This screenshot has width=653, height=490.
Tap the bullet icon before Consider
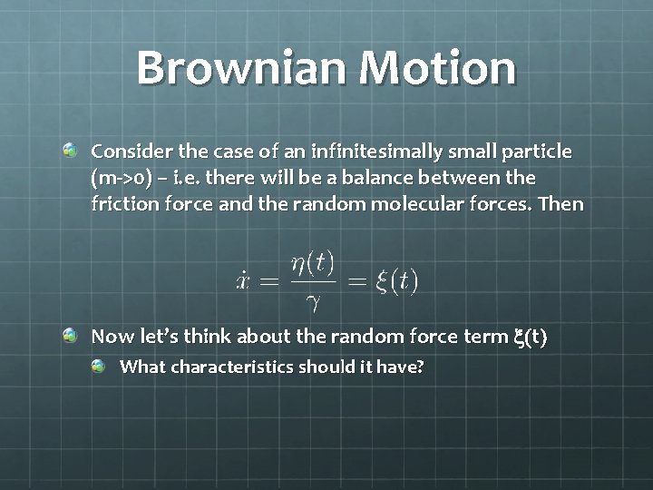[x=71, y=147]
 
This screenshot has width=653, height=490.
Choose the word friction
[x=121, y=203]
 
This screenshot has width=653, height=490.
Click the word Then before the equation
[x=562, y=203]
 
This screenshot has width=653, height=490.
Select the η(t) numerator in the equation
[x=313, y=264]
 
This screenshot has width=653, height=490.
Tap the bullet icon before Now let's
[x=71, y=337]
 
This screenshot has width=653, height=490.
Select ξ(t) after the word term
[x=531, y=338]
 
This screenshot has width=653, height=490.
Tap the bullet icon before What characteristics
[x=99, y=367]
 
